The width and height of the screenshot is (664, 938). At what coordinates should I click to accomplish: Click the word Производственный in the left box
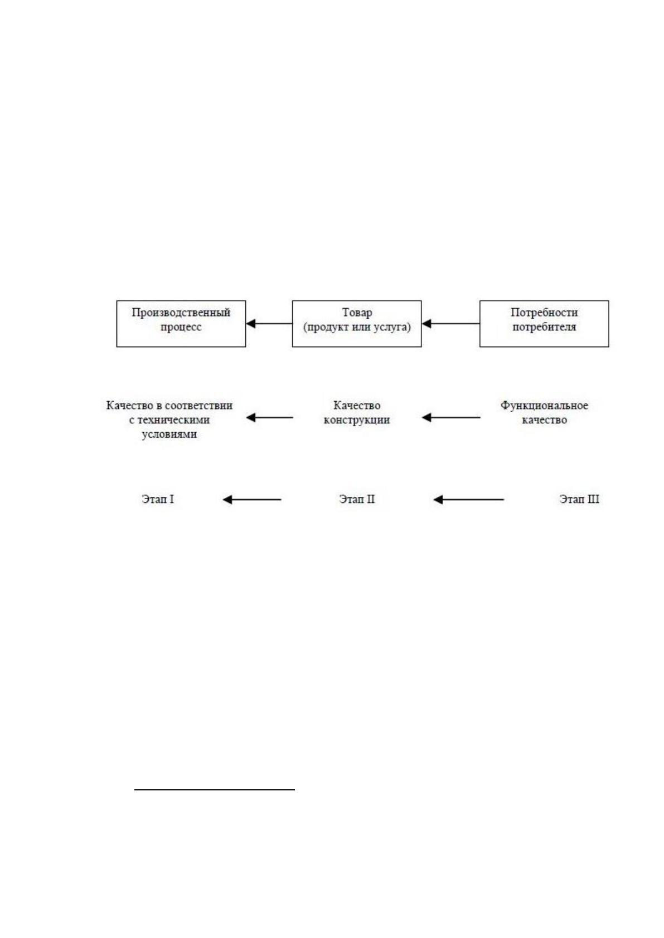181,313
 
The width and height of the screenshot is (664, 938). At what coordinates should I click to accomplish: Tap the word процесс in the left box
181,327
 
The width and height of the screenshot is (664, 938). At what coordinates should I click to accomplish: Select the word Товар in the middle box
357,313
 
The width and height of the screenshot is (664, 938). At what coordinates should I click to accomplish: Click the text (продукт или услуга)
357,327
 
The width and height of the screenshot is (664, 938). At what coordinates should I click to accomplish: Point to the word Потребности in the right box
544,313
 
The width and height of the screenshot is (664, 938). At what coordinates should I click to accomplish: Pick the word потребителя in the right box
544,327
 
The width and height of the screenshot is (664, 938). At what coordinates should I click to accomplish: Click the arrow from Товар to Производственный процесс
269,324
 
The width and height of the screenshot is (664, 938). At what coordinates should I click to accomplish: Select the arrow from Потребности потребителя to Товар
450,324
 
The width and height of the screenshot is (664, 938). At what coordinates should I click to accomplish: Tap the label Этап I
158,499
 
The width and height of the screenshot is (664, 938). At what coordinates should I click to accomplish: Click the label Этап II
357,499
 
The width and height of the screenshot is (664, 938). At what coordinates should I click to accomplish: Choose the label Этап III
579,499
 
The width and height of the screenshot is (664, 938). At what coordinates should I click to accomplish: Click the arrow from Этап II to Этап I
252,500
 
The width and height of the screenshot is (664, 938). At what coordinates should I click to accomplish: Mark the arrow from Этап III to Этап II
468,500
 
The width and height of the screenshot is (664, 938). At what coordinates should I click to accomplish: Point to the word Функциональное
544,406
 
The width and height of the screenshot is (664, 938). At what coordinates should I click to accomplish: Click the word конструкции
357,420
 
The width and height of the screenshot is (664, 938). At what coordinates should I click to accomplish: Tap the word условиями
169,434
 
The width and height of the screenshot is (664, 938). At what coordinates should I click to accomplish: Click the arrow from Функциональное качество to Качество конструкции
451,418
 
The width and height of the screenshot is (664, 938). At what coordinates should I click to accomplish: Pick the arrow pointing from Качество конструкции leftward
269,418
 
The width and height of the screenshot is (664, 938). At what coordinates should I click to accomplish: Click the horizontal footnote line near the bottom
215,790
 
